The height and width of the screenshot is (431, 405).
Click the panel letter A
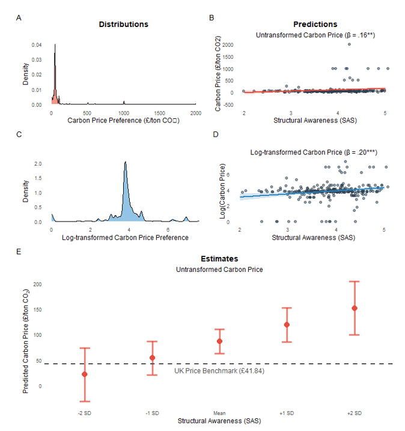(x=19, y=18)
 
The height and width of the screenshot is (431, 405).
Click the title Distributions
(x=123, y=25)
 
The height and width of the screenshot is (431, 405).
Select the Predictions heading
(x=315, y=25)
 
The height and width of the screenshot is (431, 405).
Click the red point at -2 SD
(x=85, y=375)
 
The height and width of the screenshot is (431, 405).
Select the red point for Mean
(x=219, y=341)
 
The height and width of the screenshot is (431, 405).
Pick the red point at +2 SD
(x=355, y=308)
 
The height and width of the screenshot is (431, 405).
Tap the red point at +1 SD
(x=287, y=325)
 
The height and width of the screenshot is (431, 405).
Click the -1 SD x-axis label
(x=152, y=413)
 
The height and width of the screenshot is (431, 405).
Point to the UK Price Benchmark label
(x=219, y=371)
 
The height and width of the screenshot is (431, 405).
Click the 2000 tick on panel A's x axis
(x=196, y=113)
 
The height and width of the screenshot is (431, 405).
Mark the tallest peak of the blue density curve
(x=125, y=162)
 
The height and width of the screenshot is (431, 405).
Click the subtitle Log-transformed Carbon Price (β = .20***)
(x=313, y=153)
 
